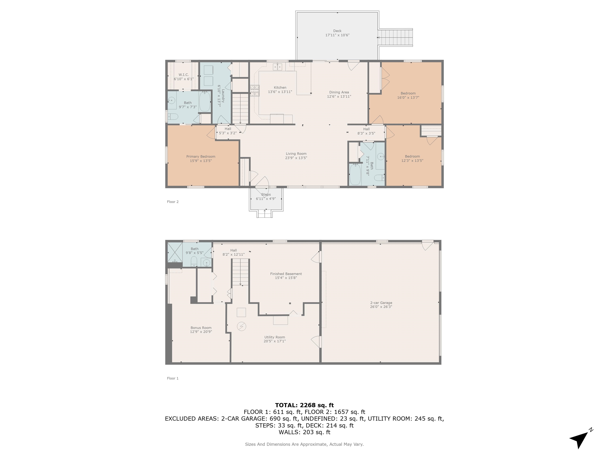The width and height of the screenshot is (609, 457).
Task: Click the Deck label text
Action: [x=337, y=31]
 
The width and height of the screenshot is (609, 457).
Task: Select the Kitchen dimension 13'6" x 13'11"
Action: [x=280, y=92]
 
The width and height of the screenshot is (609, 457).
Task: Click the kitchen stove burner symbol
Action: [x=255, y=91]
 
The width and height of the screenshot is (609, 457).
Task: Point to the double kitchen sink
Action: [x=277, y=67]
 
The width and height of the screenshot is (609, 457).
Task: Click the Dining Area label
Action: [x=339, y=92]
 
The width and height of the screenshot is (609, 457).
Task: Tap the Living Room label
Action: [x=296, y=154]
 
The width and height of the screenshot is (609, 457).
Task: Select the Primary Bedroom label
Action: [x=201, y=156]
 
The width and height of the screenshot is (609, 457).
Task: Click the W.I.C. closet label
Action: [x=183, y=75]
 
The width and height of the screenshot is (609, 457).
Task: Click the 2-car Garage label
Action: [x=381, y=303]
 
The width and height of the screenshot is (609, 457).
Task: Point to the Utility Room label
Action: [x=275, y=337]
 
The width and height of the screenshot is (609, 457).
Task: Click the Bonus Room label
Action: [x=201, y=328]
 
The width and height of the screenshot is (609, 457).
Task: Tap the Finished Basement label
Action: [x=286, y=274]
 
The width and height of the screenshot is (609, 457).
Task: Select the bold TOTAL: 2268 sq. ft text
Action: [x=304, y=405]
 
